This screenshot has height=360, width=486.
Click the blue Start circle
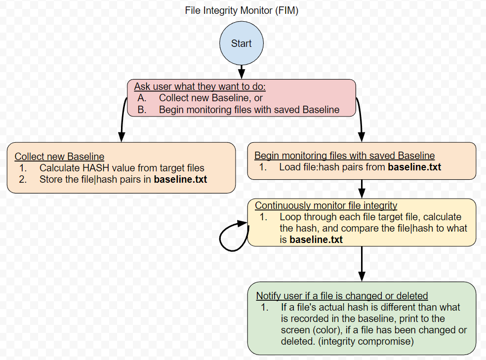point(241,43)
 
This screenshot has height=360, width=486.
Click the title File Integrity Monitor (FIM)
point(242,10)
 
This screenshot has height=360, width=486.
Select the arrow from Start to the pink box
point(241,72)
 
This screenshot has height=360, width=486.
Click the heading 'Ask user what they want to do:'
point(200,86)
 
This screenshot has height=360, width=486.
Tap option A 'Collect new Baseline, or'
point(210,98)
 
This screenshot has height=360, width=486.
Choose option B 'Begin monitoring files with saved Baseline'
point(249,110)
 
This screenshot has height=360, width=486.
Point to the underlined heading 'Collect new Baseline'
point(59,157)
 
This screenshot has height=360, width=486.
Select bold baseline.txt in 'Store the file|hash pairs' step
point(180,179)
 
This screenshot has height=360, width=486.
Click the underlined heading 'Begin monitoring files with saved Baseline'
point(344,156)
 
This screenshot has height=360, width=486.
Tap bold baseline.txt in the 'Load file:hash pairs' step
point(414,167)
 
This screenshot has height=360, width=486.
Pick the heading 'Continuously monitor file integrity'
point(326,205)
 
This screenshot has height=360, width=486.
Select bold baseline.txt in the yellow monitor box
point(316,240)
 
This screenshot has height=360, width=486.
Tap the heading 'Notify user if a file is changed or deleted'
point(341,296)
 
